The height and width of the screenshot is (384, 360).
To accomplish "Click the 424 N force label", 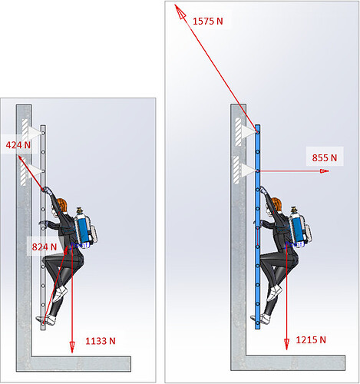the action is coord(18,145).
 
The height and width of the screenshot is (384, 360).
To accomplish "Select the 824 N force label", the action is coord(45,247).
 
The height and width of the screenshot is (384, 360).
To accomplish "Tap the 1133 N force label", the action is coord(101,341).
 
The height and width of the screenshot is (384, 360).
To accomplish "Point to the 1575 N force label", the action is coord(207,21).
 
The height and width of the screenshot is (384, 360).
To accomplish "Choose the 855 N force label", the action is coord(325,157).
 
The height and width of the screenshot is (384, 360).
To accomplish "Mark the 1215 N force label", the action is coord(311,340).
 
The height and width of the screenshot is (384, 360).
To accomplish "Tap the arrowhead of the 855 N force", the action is coord(325,170).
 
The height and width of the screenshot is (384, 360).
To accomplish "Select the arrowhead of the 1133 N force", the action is coord(72,348).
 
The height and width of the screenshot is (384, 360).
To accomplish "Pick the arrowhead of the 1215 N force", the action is coord(286,344).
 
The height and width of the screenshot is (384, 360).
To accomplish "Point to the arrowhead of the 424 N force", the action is coord(21,159).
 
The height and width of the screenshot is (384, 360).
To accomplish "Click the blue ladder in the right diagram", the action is coord(258,227).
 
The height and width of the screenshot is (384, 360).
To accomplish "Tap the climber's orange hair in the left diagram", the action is coord(62,204).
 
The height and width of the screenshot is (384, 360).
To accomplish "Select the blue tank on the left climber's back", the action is coord(84,229).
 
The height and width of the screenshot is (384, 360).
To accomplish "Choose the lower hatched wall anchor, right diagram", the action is coord(236,170).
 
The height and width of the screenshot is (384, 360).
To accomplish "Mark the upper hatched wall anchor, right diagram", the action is coord(238,131).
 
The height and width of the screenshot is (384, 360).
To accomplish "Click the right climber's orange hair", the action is coord(277,204).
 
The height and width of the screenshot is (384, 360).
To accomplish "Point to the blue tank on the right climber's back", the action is coord(299,228).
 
